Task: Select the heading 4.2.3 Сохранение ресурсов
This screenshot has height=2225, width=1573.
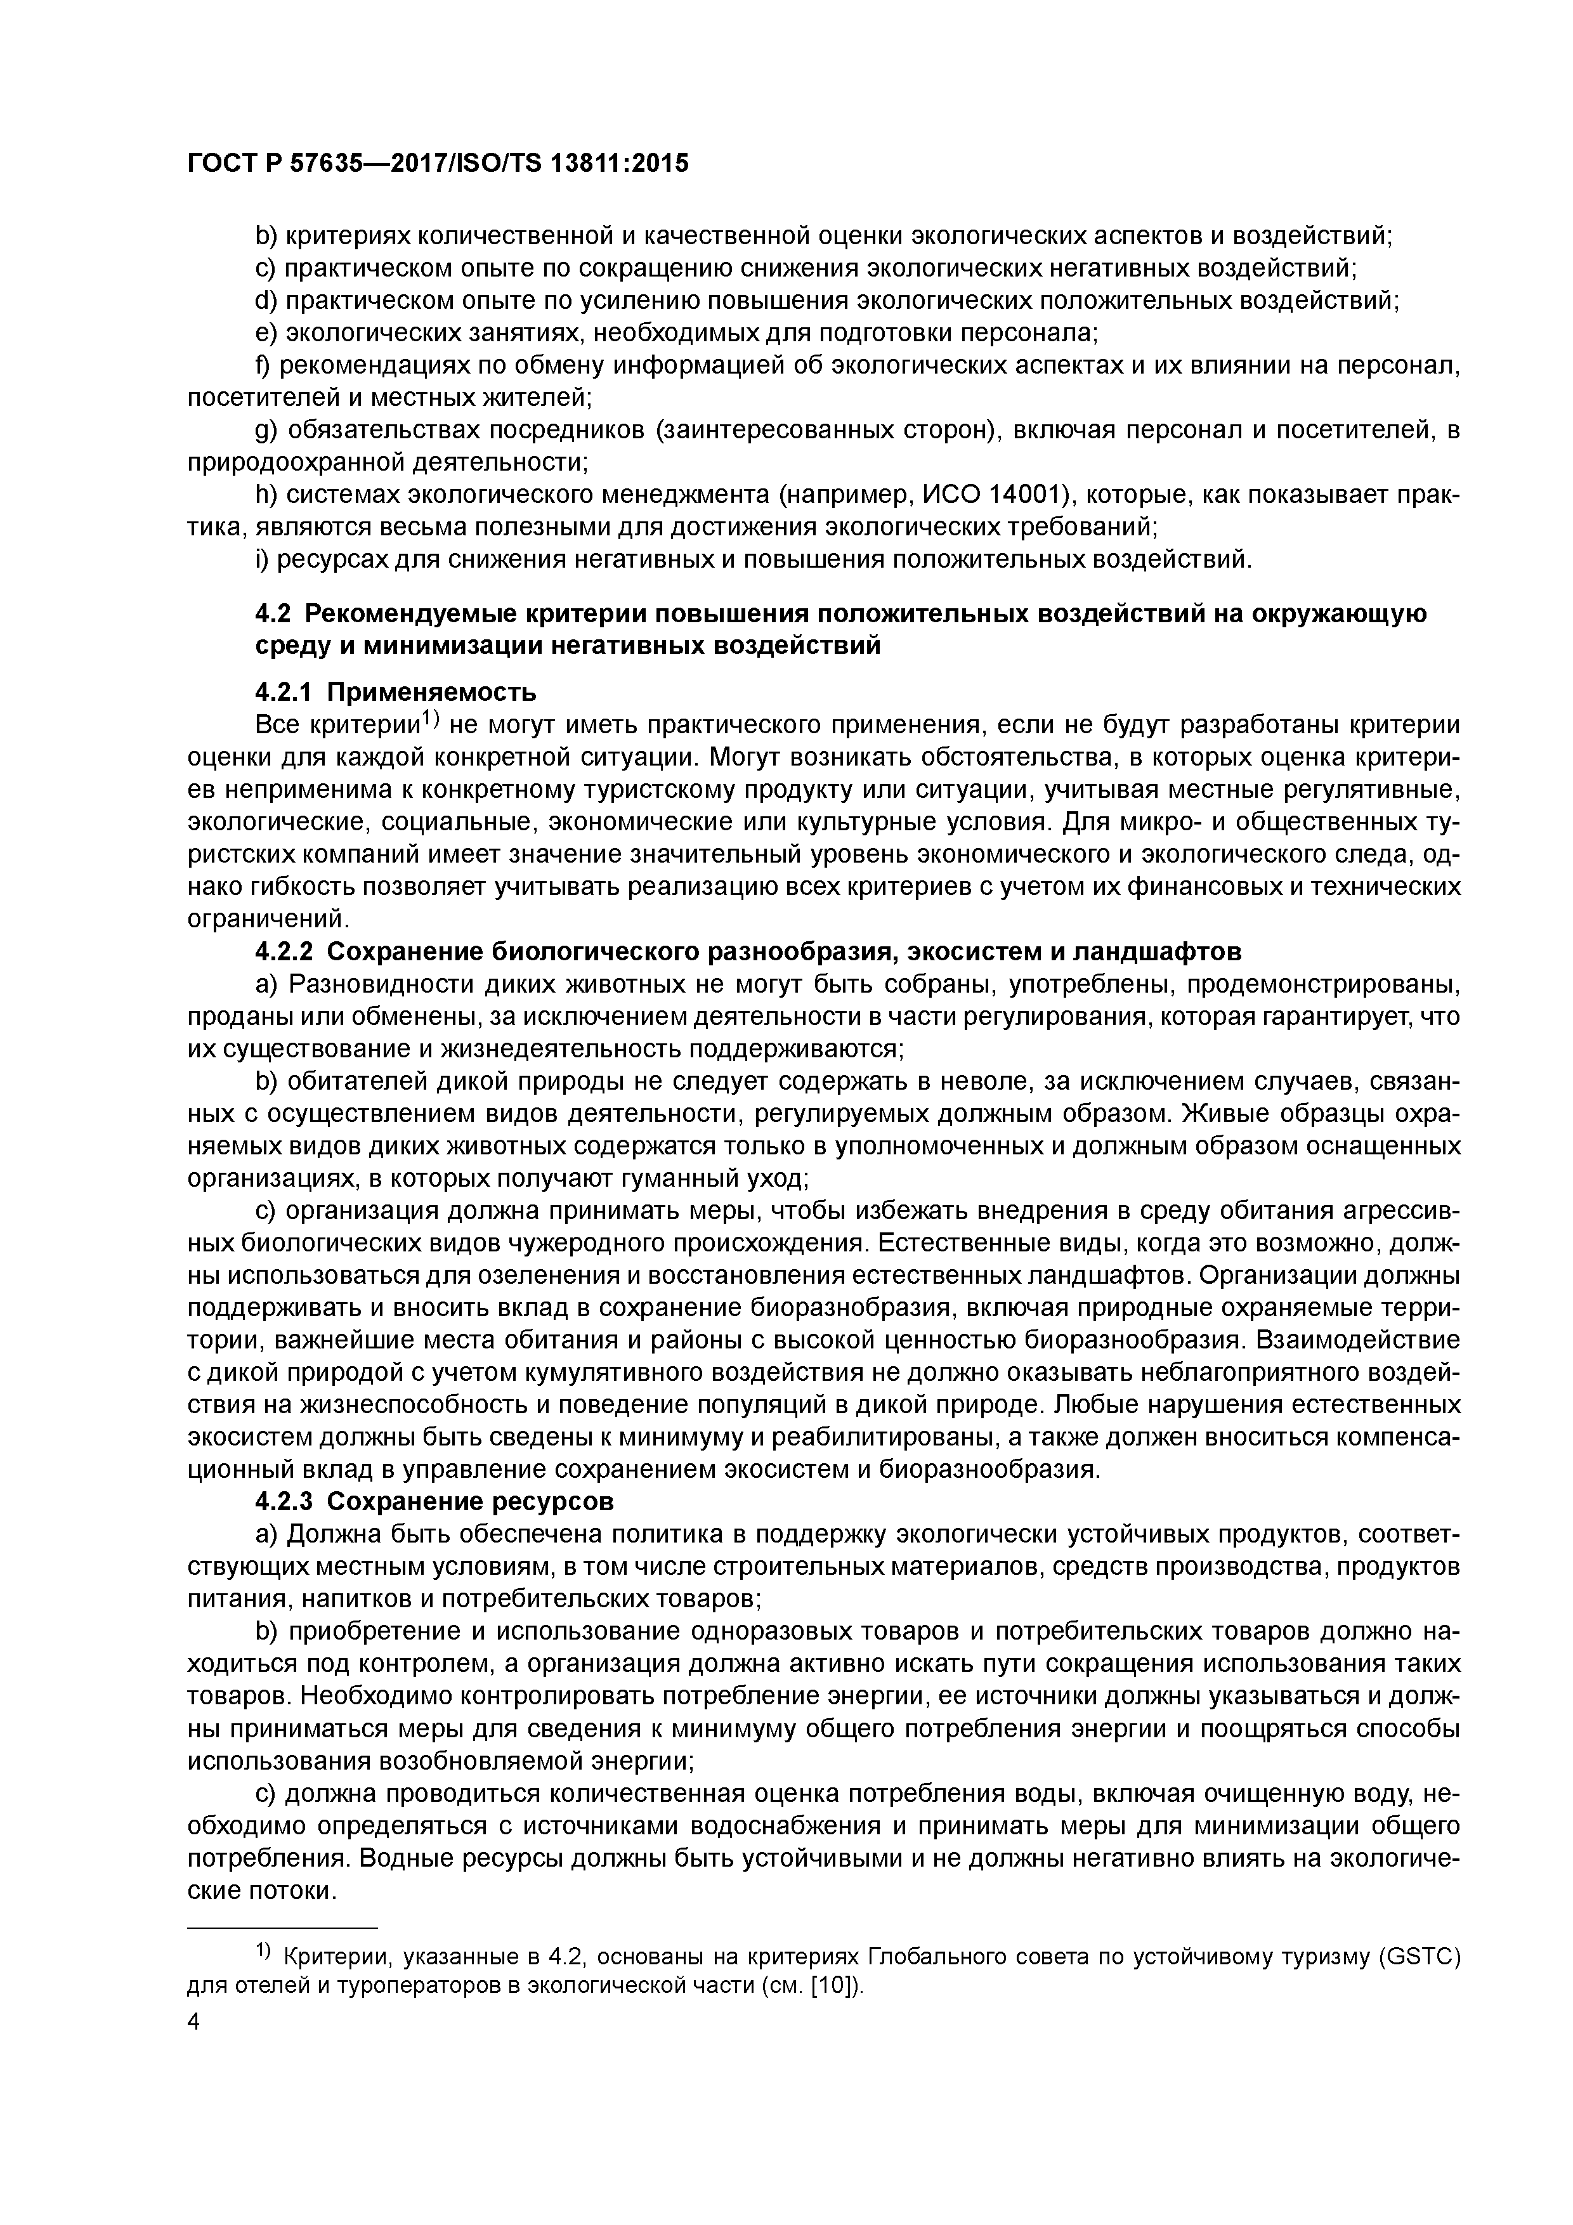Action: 434,1501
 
